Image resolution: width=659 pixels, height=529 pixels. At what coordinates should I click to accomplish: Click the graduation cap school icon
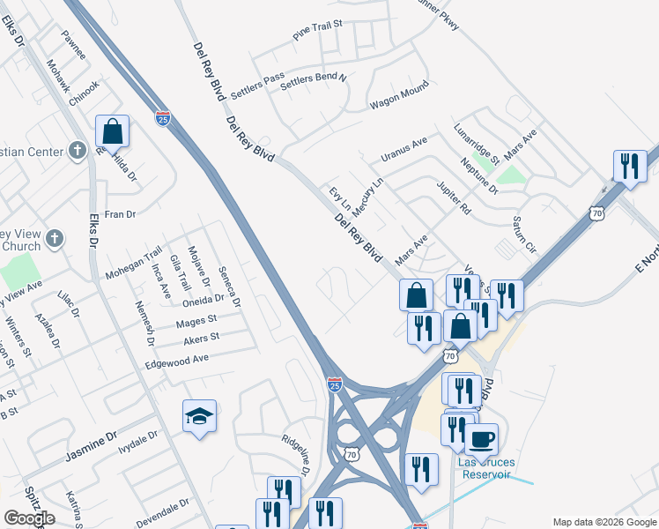[x=200, y=416]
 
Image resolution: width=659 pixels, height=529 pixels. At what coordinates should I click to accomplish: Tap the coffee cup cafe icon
[x=481, y=438]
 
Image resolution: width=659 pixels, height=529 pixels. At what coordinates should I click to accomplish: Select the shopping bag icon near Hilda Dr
[x=112, y=132]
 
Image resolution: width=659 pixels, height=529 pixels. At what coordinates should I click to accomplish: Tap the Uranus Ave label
[x=404, y=148]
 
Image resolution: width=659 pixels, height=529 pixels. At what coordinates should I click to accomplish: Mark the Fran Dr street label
[x=120, y=214]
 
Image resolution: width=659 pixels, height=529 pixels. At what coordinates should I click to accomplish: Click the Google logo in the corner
[x=28, y=518]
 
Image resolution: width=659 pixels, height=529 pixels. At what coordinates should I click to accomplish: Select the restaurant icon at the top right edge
[x=630, y=166]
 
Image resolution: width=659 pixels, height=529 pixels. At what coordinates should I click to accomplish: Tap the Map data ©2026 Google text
[x=604, y=522]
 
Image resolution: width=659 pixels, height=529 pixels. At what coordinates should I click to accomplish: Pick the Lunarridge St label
[x=477, y=144]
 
